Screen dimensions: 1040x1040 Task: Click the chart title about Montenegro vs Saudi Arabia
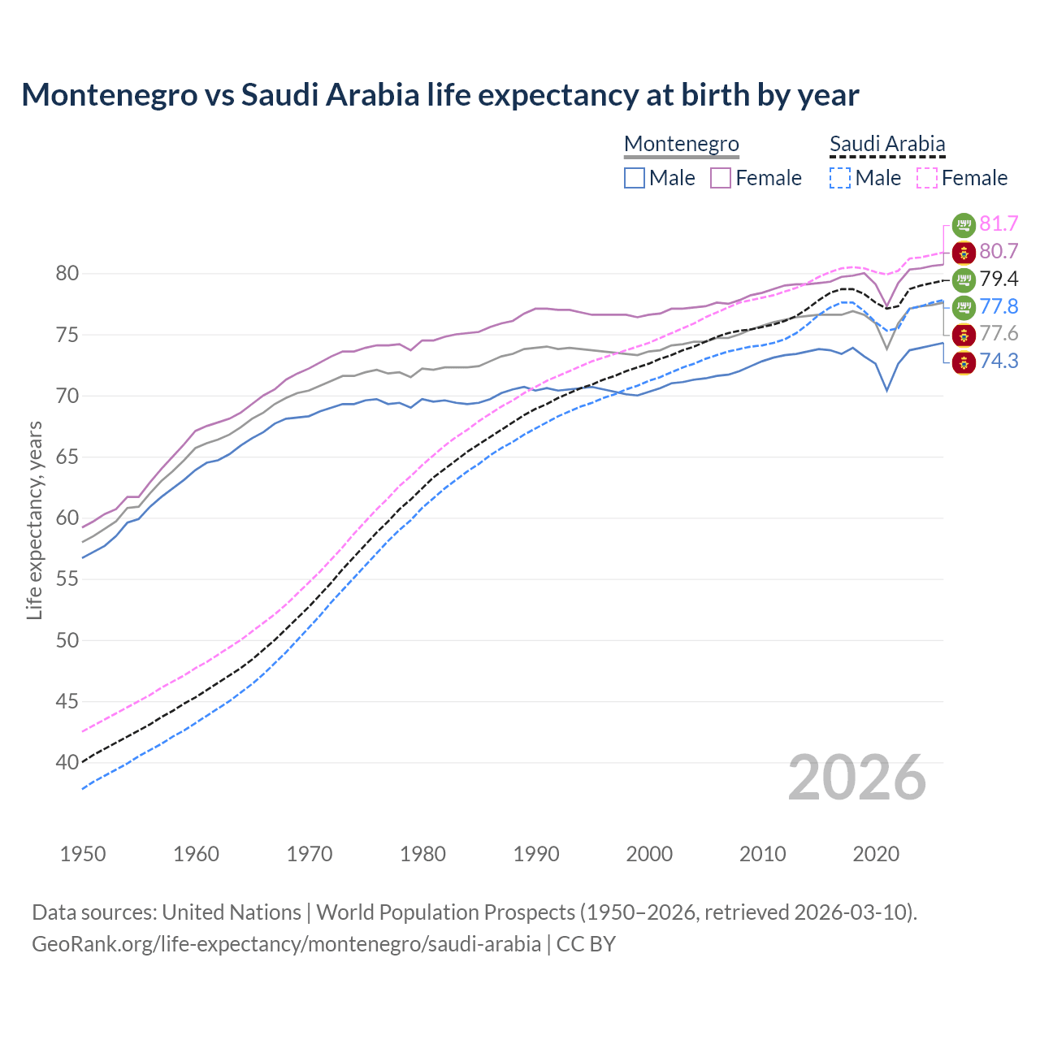click(440, 95)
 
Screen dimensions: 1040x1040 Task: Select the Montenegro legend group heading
click(681, 144)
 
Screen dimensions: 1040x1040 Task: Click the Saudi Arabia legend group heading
click(887, 144)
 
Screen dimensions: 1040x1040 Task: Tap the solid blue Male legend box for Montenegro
click(635, 178)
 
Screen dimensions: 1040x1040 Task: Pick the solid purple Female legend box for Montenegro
click(721, 178)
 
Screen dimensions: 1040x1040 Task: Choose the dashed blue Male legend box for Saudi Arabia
click(840, 178)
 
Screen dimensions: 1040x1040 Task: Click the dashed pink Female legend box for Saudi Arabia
click(927, 178)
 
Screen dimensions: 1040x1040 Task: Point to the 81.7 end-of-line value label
click(999, 223)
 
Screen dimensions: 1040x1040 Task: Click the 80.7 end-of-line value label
click(999, 251)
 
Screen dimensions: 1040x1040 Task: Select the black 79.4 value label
click(999, 279)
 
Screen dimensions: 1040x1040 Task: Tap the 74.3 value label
click(999, 361)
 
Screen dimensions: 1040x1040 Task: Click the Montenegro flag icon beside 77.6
click(964, 334)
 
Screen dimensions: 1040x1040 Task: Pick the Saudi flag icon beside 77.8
click(964, 306)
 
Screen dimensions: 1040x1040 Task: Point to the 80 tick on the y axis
click(67, 274)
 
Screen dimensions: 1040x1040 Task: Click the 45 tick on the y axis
click(67, 701)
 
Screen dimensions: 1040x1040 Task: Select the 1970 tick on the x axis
click(310, 854)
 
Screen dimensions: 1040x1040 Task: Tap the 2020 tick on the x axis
click(876, 854)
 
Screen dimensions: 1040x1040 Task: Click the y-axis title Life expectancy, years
click(34, 520)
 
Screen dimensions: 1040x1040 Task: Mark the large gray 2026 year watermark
click(856, 778)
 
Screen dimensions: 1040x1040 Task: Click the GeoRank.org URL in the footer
click(286, 944)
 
